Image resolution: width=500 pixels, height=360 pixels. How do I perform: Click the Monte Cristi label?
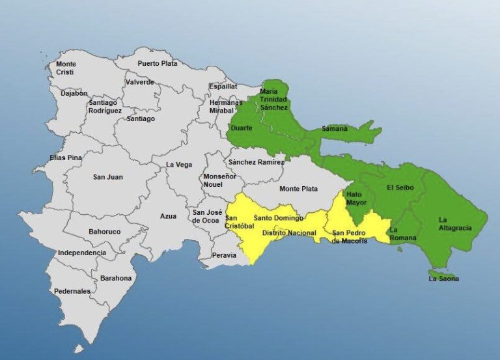65,68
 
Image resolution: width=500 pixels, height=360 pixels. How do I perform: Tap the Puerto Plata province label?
157,63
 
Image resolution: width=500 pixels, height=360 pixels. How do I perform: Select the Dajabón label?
74,93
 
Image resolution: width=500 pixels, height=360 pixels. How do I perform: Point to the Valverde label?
140,82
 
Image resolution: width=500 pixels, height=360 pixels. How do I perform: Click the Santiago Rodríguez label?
105,107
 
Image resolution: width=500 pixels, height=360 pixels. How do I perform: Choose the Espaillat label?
223,87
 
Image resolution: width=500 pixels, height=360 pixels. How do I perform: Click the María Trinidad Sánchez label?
273,99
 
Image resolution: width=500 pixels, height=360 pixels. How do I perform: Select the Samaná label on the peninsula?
335,129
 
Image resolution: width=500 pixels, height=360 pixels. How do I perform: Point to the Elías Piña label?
66,158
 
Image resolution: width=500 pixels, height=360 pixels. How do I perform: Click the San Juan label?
107,176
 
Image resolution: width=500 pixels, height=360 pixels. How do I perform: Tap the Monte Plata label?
298,189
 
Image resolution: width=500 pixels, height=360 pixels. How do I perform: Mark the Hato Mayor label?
355,199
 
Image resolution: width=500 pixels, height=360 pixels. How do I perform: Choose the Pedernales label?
72,291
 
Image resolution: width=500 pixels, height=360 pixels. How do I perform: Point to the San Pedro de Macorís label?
350,237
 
